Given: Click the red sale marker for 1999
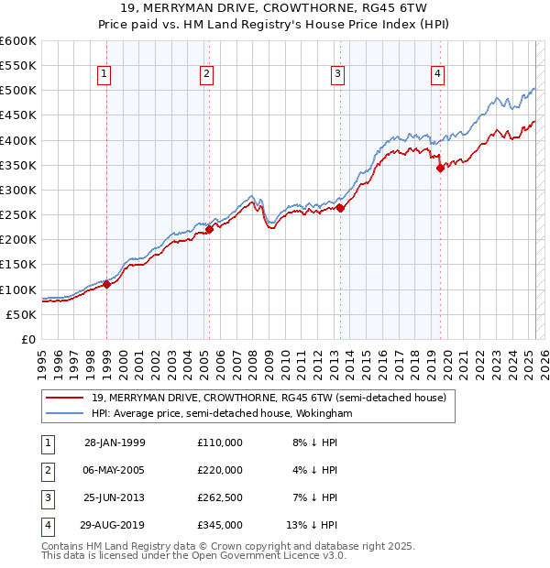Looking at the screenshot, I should pyautogui.click(x=107, y=284).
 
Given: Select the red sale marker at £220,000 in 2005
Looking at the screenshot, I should pyautogui.click(x=209, y=229).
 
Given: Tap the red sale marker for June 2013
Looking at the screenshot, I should pyautogui.click(x=340, y=208).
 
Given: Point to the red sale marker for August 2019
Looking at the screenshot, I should pyautogui.click(x=440, y=168).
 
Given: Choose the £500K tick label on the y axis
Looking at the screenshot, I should pyautogui.click(x=17, y=91).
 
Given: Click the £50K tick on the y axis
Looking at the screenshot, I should pyautogui.click(x=21, y=314).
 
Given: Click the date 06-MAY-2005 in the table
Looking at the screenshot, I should pyautogui.click(x=115, y=470).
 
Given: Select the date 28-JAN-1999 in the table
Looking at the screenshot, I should pyautogui.click(x=115, y=442).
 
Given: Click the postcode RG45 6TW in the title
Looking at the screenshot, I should pyautogui.click(x=353, y=9).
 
